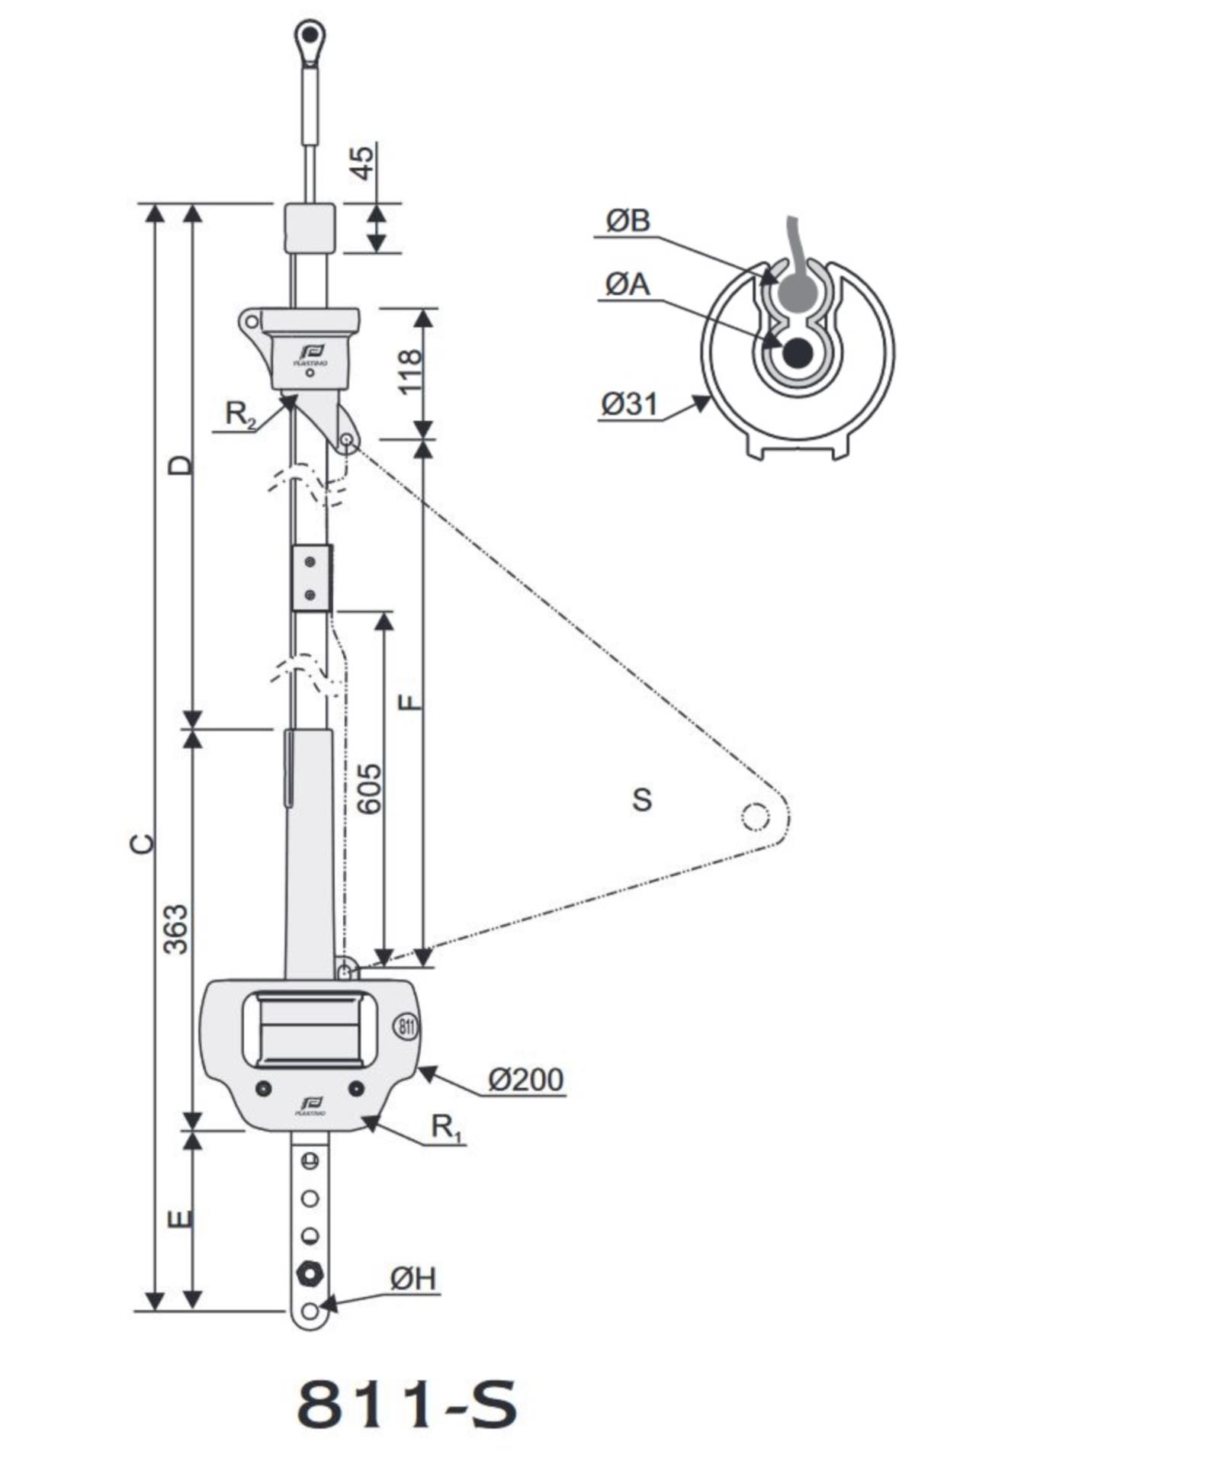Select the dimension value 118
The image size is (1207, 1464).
(x=409, y=371)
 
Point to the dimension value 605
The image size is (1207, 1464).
(x=370, y=788)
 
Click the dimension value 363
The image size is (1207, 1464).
(x=176, y=929)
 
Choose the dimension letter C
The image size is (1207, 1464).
(x=143, y=843)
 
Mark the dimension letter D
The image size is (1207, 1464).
(x=181, y=464)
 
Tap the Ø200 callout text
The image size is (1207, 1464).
(x=525, y=1080)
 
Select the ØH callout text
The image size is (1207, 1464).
(x=413, y=1279)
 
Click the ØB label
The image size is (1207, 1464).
(x=628, y=220)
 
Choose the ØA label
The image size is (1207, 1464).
(x=628, y=284)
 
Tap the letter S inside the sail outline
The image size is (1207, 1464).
(x=642, y=799)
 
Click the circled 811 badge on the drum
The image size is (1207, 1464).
(x=406, y=1026)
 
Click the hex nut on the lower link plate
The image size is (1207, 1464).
(x=310, y=1273)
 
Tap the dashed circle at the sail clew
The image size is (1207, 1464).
(x=756, y=817)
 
